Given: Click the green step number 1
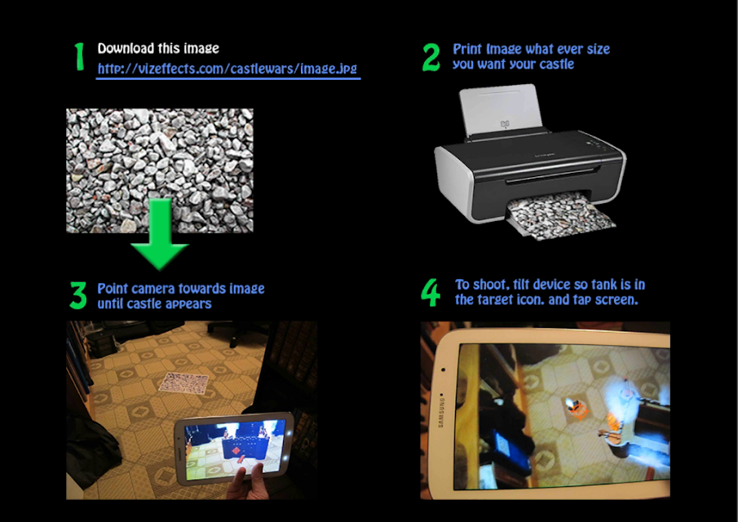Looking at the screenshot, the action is [x=79, y=56].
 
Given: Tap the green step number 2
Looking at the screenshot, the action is [x=431, y=57].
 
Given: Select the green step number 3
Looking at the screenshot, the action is [x=78, y=295].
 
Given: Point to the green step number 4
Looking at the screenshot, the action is [x=431, y=292].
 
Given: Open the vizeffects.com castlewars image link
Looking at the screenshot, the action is [x=228, y=69].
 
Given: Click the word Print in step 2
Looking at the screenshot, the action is [x=467, y=49].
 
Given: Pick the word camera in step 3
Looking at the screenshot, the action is [x=155, y=289].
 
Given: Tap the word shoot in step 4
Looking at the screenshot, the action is [x=492, y=285].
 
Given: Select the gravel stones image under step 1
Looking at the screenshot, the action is [x=160, y=170].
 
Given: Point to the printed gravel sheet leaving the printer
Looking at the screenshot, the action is [x=561, y=218].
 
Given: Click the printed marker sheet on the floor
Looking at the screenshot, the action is [x=184, y=383].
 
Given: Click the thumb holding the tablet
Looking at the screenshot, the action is [x=258, y=475].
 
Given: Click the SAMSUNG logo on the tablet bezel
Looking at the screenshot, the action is [x=441, y=413].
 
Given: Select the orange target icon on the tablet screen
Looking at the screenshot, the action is [x=578, y=409].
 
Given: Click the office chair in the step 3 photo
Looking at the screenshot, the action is [x=233, y=332].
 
